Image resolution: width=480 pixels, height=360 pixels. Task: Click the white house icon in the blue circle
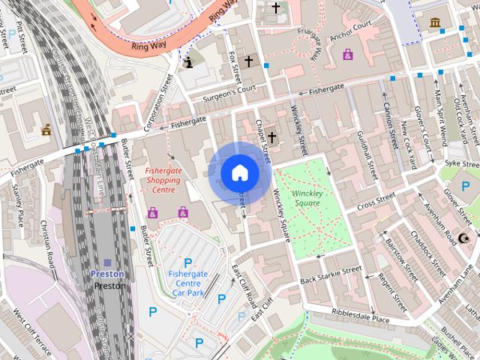239,173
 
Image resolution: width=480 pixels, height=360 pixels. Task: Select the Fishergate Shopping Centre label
163,181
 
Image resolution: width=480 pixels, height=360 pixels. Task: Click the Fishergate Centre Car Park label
187,283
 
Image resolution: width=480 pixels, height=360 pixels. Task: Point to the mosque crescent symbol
463,238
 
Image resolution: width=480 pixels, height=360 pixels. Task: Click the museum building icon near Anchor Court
434,22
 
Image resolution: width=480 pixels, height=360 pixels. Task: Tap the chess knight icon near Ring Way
190,63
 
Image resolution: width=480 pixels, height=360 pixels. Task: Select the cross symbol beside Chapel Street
271,136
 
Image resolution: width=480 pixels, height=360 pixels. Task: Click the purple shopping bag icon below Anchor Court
348,54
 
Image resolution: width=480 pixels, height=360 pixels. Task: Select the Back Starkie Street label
331,275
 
